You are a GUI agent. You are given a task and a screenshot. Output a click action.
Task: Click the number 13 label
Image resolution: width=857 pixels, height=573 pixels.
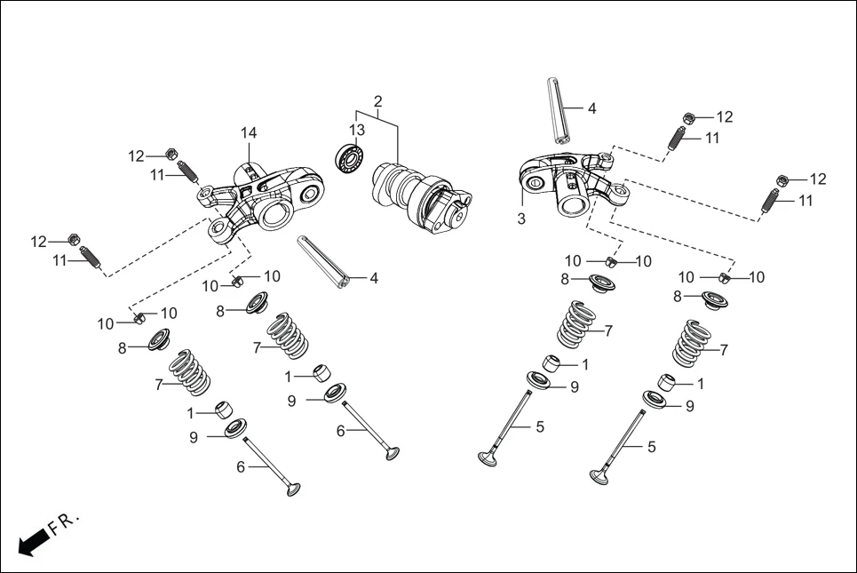point(356,131)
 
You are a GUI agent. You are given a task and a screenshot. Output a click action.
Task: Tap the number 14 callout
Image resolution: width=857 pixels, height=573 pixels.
point(249,132)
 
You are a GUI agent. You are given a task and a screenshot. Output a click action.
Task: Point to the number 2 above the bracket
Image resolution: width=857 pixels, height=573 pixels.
point(377,101)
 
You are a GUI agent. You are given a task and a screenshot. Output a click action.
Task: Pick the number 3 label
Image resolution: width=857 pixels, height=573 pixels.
point(521,218)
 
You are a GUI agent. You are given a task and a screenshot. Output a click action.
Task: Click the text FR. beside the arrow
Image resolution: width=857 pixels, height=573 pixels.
point(64,522)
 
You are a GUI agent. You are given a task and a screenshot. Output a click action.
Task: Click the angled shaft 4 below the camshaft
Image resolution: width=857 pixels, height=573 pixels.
point(324,262)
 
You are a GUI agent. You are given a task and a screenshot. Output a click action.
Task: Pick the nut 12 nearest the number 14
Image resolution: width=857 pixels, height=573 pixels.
point(171,155)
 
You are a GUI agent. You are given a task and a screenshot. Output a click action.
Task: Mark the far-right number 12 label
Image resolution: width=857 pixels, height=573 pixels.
point(817,179)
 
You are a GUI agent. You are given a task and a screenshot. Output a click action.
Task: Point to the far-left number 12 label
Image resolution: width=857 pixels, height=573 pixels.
point(38,242)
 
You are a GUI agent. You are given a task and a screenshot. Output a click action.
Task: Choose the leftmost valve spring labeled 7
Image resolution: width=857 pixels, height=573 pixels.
point(189,372)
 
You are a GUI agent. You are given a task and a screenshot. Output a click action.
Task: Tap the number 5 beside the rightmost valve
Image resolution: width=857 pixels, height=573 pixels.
point(651,447)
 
